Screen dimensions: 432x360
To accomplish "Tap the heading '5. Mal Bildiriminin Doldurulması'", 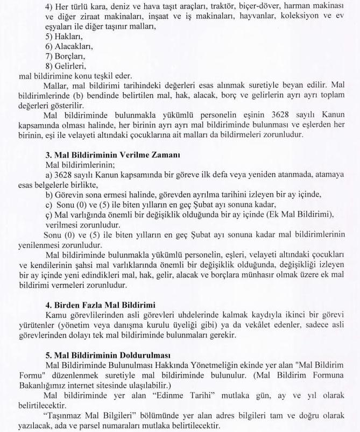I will [108, 356].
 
